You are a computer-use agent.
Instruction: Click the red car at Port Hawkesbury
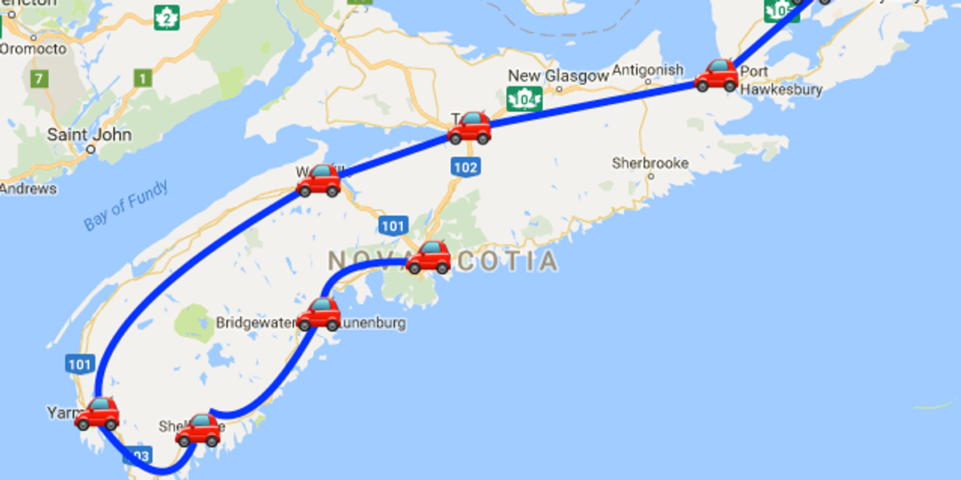tap(716, 75)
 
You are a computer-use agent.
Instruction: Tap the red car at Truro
tap(469, 128)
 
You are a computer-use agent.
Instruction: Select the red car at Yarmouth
tap(97, 414)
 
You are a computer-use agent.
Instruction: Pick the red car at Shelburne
tap(197, 430)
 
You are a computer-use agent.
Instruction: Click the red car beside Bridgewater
tap(320, 314)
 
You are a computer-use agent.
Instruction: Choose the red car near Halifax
tap(428, 258)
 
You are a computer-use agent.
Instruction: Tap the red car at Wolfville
tap(319, 181)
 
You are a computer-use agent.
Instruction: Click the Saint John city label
tap(89, 135)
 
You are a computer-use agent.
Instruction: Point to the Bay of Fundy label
tap(127, 206)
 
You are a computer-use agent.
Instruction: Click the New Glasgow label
tap(558, 76)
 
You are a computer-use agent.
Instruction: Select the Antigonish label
tap(648, 70)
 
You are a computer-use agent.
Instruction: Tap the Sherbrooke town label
tap(650, 163)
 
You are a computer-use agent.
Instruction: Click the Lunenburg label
tap(373, 323)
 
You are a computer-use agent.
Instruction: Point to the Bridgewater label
tap(256, 323)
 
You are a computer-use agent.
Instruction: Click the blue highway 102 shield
tap(464, 167)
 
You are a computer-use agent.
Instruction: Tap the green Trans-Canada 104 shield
tap(525, 98)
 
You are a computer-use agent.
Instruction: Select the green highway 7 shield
tap(37, 79)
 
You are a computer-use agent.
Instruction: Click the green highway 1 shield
tap(143, 78)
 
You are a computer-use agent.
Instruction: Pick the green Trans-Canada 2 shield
tap(167, 17)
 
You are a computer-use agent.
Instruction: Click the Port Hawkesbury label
tap(781, 81)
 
